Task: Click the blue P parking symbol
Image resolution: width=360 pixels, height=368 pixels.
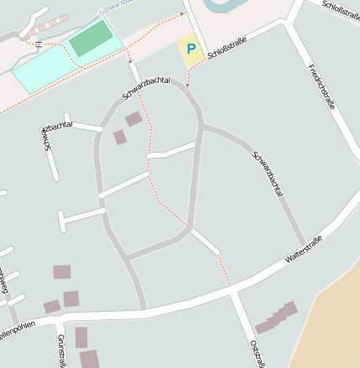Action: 190,49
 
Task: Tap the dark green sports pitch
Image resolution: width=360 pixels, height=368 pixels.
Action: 90,39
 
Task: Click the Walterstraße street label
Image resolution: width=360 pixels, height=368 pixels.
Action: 304,251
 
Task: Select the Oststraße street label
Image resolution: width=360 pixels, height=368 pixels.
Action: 258,353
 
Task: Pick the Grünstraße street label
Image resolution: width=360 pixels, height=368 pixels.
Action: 62,351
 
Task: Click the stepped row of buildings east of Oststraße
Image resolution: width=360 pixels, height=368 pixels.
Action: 276,318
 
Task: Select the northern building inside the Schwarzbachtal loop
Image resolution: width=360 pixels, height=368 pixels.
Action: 133,119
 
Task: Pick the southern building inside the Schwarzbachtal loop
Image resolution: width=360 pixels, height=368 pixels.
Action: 120,137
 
